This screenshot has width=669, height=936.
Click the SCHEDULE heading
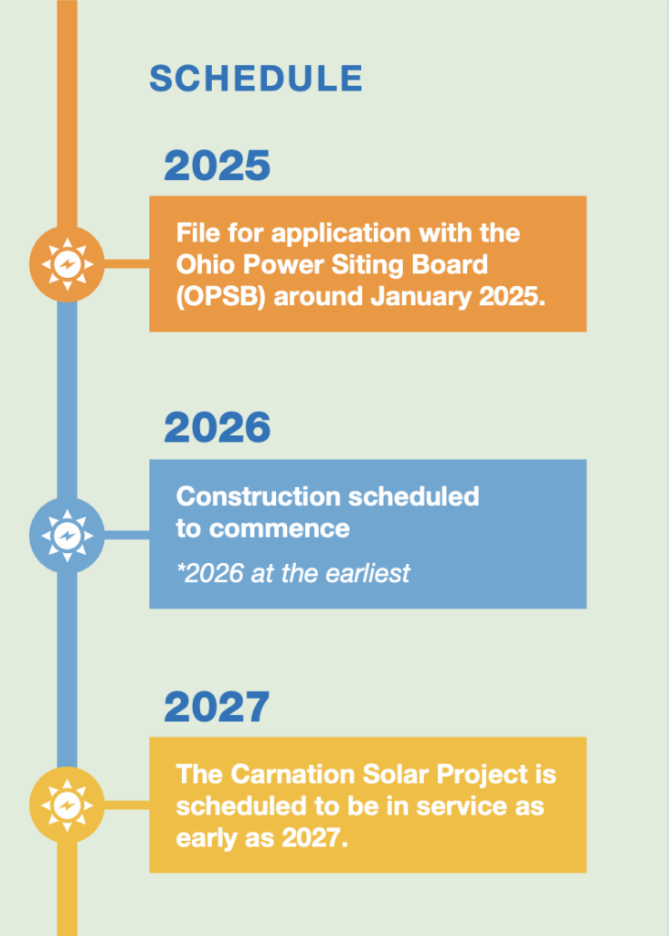pos(256,79)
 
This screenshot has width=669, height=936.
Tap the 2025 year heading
pos(218,165)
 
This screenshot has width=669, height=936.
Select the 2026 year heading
pos(218,428)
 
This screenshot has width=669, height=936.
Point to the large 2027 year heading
pos(217,707)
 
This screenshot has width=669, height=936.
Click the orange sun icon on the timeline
pos(67,264)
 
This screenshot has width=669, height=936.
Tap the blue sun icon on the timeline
pos(67,536)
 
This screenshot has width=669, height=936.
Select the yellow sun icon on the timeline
pos(67,804)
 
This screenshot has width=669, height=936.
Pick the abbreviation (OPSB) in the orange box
pos(221,297)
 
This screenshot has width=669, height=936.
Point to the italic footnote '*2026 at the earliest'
pos(293,573)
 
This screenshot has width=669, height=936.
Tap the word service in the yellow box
pos(462,806)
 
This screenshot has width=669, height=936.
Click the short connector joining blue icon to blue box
pos(126,536)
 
